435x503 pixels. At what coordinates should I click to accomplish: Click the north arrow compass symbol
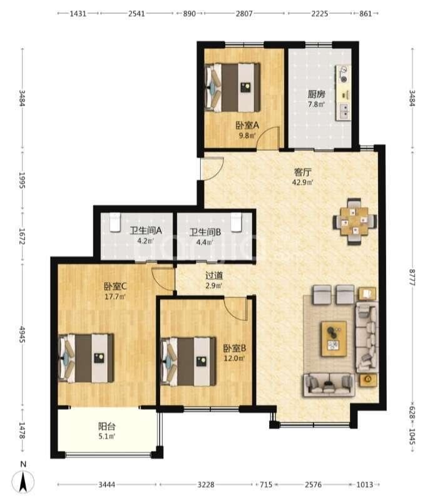tap(23, 481)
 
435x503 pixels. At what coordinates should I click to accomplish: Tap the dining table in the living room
tap(354, 221)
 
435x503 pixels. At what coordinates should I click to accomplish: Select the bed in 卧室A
tap(232, 87)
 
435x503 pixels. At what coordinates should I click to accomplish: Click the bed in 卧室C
tap(86, 358)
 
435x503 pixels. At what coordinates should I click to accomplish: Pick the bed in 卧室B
tap(188, 361)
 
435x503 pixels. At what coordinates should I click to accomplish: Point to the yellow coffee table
tap(334, 338)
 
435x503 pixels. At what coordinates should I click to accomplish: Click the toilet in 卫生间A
tap(115, 222)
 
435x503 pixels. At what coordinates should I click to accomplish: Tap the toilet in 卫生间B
tap(236, 222)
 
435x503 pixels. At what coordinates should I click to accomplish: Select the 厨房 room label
tap(317, 94)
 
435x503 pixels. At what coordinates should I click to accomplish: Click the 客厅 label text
tap(303, 172)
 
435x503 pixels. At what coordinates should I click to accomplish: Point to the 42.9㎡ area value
tap(303, 183)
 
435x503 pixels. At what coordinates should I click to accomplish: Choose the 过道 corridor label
tap(214, 275)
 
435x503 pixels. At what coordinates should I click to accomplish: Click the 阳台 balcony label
tap(107, 426)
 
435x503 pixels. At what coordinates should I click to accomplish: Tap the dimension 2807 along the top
tap(244, 14)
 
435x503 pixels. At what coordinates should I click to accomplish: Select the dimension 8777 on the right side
tap(412, 277)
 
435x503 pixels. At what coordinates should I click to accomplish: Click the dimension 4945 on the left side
tap(22, 335)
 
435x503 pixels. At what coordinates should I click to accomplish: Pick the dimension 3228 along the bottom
tap(206, 484)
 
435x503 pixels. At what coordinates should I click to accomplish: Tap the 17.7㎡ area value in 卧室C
tap(115, 297)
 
